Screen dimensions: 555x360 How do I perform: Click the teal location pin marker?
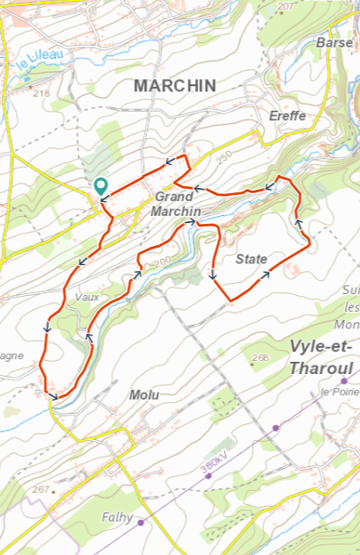click(x=101, y=186)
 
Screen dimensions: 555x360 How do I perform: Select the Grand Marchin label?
click(x=176, y=205)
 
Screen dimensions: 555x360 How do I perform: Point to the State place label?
click(x=251, y=258)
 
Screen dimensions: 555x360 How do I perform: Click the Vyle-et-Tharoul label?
click(x=320, y=357)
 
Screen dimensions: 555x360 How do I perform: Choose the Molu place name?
click(x=144, y=395)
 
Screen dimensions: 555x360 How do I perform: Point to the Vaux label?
click(x=88, y=297)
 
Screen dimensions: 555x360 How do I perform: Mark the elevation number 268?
click(x=260, y=357)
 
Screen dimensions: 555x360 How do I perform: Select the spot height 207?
click(x=285, y=6)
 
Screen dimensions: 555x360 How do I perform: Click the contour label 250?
click(x=221, y=155)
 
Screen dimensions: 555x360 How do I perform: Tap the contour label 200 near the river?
click(x=162, y=263)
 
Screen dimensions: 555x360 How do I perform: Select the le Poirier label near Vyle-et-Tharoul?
click(x=337, y=391)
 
